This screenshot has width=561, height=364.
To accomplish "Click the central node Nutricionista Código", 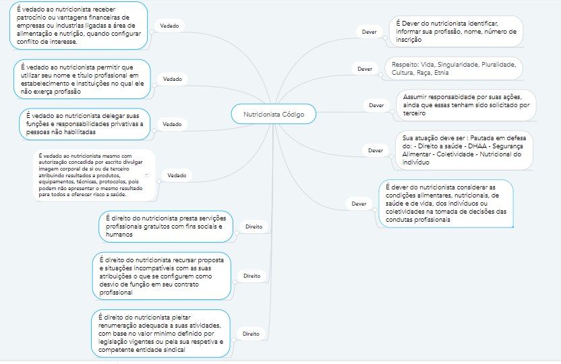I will click(273, 115).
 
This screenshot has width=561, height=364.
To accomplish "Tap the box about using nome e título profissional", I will click(81, 80).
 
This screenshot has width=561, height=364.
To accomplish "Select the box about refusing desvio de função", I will click(162, 276).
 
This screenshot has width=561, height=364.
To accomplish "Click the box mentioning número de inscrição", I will click(456, 31).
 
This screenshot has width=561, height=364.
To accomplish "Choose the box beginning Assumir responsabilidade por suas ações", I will click(465, 104).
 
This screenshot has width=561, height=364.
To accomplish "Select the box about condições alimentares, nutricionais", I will click(446, 203).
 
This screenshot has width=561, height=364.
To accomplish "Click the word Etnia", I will click(442, 72).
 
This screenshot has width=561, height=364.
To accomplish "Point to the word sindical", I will click(172, 351).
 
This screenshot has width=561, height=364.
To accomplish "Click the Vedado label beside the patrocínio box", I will click(169, 25).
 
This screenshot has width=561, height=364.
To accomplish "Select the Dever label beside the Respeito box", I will click(365, 69).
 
